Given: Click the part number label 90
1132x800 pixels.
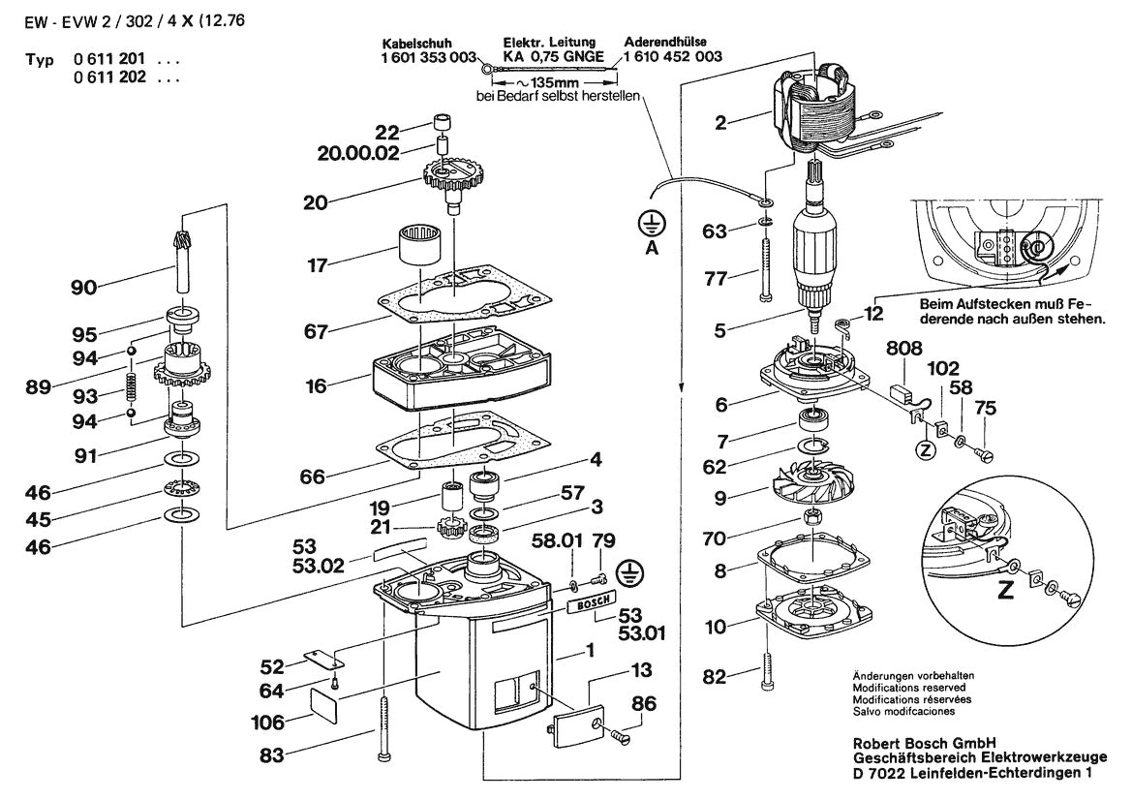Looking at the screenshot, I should click(84, 287).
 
